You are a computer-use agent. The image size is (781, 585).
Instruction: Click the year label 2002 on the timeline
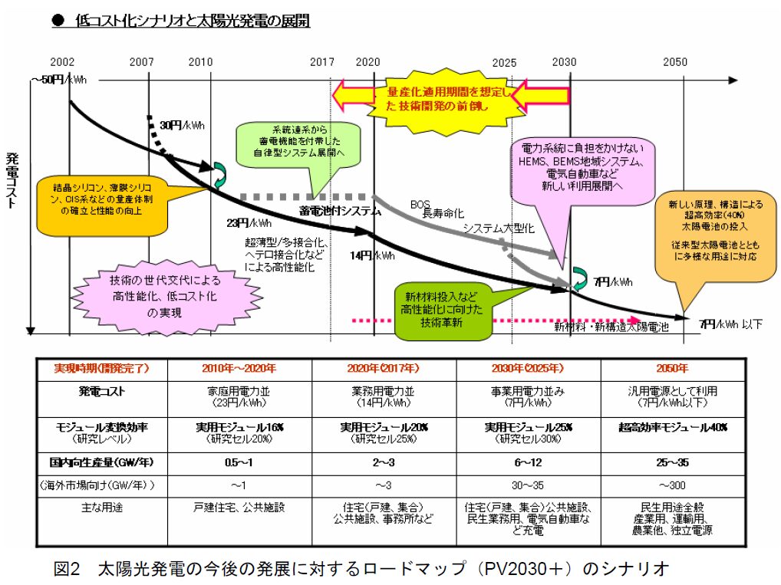(62, 62)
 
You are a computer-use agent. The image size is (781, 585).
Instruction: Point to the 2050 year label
(675, 62)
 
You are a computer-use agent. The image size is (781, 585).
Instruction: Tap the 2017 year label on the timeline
(321, 62)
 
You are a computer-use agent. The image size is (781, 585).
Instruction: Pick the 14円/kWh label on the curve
(374, 256)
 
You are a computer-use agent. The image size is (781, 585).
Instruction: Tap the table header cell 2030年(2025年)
(528, 368)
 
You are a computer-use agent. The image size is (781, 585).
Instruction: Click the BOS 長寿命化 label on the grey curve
(427, 209)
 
